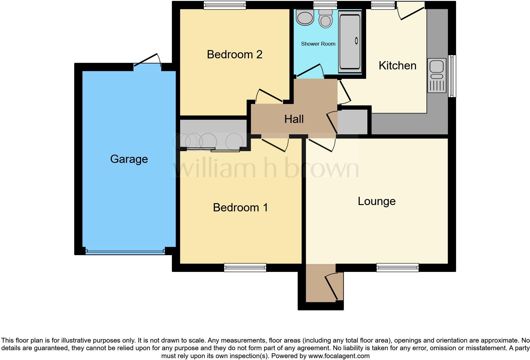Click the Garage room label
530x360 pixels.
point(129,159)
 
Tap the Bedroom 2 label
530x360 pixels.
point(235,55)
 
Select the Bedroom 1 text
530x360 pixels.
point(240,208)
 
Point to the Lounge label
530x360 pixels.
point(377,201)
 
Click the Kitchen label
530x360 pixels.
point(397,66)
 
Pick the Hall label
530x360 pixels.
point(294,119)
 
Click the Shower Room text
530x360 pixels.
point(318,44)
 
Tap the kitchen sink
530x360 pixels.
point(436,67)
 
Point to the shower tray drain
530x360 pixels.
point(356,41)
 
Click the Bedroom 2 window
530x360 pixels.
point(225,5)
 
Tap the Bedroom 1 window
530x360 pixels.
point(245,268)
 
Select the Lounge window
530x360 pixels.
point(397,268)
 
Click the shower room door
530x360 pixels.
point(309,71)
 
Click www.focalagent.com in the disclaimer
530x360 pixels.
point(339,356)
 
